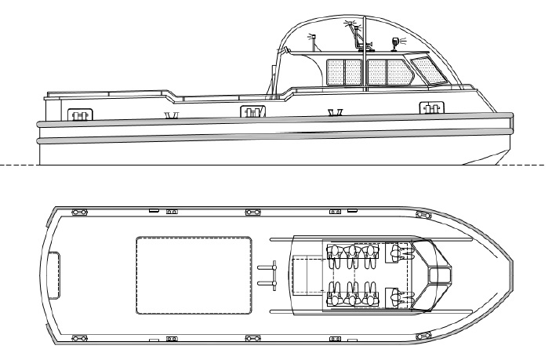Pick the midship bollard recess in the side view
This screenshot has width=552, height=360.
(x=250, y=113)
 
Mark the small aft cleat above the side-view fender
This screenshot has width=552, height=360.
(x=170, y=116)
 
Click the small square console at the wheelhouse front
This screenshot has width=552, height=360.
(x=440, y=273)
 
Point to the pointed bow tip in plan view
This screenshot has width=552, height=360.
(x=511, y=274)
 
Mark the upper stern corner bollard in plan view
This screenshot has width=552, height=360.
(x=79, y=212)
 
